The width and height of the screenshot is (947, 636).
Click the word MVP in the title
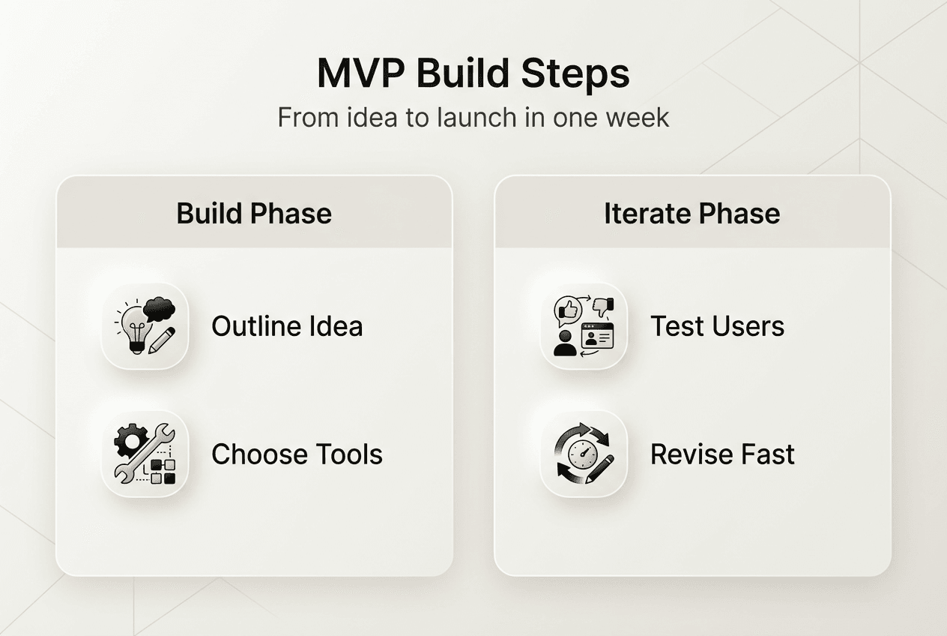360,73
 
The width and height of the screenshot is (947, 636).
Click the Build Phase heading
254,214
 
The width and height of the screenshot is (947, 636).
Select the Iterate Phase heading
692,214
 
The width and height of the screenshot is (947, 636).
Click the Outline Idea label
287,326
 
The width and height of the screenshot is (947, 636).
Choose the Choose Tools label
297,454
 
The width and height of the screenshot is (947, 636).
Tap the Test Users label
717,326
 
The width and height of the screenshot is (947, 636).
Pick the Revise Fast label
722,454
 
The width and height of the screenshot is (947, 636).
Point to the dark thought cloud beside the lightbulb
159,309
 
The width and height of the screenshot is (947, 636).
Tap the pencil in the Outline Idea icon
162,340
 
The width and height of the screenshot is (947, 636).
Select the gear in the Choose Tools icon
129,439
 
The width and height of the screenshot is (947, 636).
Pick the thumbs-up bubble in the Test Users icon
567,310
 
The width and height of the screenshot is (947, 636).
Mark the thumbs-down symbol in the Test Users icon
603,306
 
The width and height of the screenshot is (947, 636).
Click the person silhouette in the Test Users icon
565,343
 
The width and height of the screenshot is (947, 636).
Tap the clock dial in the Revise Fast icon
582,454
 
